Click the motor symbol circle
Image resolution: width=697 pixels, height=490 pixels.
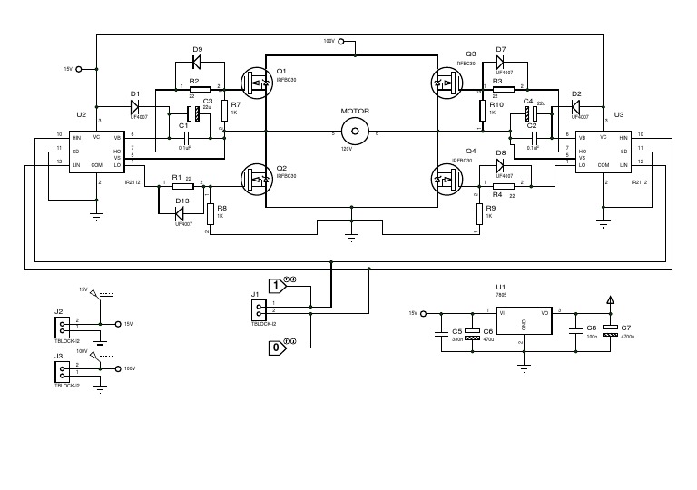(x=354, y=131)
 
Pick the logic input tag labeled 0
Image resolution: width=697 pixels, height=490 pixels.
(x=278, y=347)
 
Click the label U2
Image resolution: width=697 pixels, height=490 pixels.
(x=82, y=115)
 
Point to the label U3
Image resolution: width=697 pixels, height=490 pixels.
(x=619, y=115)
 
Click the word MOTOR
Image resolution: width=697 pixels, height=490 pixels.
(x=354, y=111)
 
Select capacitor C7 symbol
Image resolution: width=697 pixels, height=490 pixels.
(x=610, y=334)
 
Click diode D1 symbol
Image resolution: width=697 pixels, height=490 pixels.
(x=135, y=107)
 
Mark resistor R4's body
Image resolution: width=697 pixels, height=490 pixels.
(x=496, y=186)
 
